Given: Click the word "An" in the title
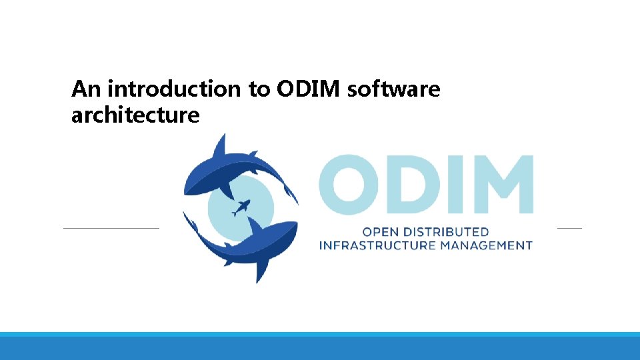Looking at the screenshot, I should [87, 89].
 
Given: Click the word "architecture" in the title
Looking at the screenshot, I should [135, 115].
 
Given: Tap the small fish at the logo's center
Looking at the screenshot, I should [241, 208].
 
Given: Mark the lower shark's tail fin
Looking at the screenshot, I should [191, 223].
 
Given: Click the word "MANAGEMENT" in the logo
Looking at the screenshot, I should [492, 245].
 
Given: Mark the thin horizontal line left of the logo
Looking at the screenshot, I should [111, 228].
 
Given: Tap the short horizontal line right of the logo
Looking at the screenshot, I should [569, 228].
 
